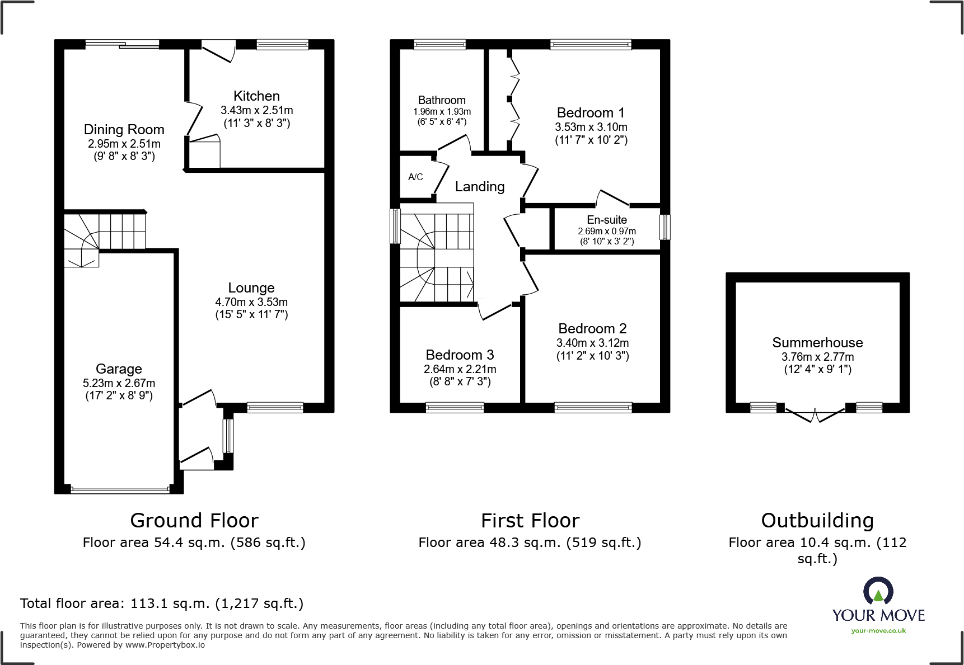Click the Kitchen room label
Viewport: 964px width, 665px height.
[x=256, y=96]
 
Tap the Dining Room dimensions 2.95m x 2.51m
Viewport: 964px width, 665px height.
[x=124, y=144]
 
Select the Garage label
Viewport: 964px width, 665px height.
[x=119, y=369]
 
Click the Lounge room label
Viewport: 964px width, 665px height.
[x=251, y=288]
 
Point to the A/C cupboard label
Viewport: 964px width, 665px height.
[x=415, y=177]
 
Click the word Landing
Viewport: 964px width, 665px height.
[x=480, y=187]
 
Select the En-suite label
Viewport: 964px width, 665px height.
[x=607, y=220]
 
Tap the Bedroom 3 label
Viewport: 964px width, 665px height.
[x=460, y=355]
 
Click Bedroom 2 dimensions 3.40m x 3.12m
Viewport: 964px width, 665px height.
[x=592, y=343]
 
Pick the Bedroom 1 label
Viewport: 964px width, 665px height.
[x=591, y=113]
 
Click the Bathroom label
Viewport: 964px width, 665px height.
[x=442, y=100]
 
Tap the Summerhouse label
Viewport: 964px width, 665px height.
[x=817, y=343]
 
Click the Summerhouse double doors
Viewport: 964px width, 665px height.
[x=815, y=415]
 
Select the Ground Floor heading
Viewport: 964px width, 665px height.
[x=194, y=521]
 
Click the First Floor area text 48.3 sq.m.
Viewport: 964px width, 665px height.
[x=530, y=543]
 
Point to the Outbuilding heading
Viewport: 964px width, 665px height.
[x=817, y=521]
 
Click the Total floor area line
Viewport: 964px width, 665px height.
[x=162, y=603]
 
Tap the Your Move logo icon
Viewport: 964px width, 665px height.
[x=878, y=592]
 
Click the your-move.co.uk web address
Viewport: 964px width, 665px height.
[x=878, y=631]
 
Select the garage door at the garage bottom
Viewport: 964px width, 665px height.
[x=120, y=490]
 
